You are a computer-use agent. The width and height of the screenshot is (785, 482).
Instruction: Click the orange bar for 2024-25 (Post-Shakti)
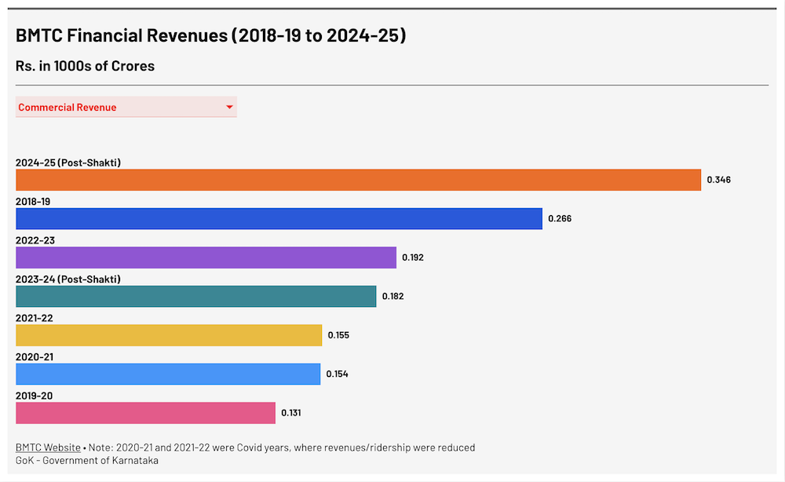358,180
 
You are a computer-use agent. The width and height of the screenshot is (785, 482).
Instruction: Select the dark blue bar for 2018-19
279,219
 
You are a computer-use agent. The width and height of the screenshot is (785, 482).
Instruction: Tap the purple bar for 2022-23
206,257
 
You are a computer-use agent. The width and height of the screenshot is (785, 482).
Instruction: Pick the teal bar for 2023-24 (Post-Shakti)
195,297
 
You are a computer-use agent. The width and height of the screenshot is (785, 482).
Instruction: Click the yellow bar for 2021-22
169,335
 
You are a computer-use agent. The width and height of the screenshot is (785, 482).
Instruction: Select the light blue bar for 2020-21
168,374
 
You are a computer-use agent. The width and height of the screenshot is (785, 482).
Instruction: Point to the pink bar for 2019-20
145,413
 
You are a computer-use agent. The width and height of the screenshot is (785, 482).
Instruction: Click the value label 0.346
718,180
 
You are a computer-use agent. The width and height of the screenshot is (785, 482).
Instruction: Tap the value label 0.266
560,219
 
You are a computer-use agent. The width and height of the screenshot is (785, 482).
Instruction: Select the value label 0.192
413,257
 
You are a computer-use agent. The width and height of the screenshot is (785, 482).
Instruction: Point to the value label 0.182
392,297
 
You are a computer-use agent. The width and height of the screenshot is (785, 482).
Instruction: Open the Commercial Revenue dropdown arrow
229,108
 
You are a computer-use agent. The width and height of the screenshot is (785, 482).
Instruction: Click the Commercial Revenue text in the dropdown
68,108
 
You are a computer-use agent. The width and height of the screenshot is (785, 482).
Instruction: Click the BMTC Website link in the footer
48,447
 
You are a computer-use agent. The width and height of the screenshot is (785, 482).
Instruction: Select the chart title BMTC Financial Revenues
210,36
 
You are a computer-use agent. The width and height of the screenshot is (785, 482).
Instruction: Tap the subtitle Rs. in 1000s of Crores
85,66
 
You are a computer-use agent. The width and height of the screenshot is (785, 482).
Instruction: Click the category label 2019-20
35,396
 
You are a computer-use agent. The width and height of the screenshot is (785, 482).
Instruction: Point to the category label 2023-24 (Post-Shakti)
68,279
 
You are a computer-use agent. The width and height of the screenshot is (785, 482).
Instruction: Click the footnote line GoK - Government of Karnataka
86,460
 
